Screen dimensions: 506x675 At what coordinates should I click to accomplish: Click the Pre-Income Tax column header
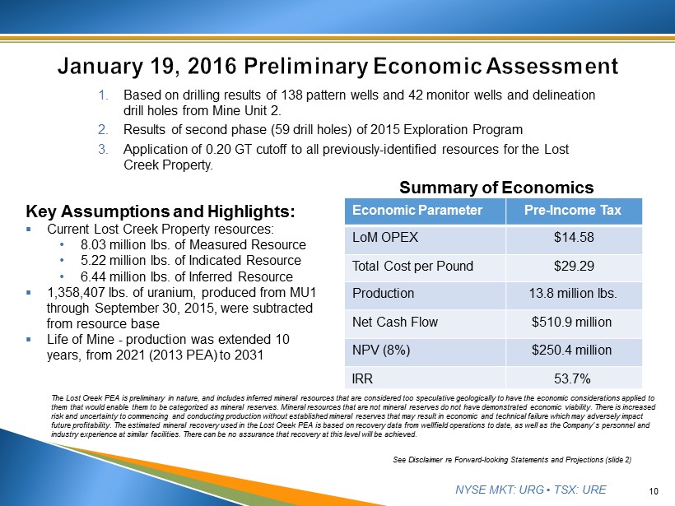click(x=572, y=211)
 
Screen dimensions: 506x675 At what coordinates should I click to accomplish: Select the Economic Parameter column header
click(x=417, y=211)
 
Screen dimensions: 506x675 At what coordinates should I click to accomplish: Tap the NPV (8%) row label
click(x=382, y=350)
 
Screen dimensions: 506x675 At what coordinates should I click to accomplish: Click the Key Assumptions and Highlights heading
click(x=161, y=211)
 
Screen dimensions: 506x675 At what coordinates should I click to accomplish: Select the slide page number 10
click(x=654, y=491)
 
